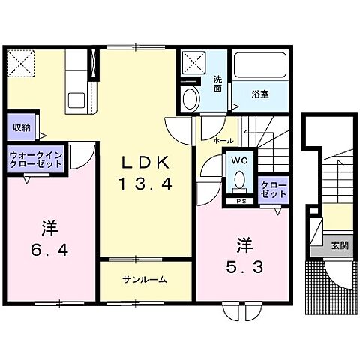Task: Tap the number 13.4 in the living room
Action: [x=136, y=184]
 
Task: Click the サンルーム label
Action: [x=145, y=280]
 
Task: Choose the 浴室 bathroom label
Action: [x=260, y=94]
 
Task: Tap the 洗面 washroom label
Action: [x=217, y=84]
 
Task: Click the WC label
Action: [x=238, y=160]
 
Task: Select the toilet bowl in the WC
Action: [x=239, y=181]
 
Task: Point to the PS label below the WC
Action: [x=241, y=201]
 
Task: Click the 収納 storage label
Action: [x=20, y=127]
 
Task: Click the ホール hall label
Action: [x=223, y=140]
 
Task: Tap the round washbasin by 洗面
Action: [x=190, y=97]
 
